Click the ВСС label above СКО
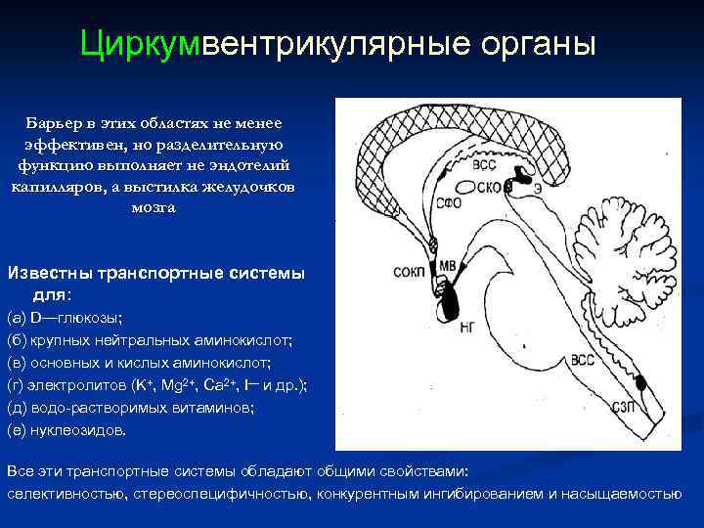point(484,166)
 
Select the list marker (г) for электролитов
point(18,385)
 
